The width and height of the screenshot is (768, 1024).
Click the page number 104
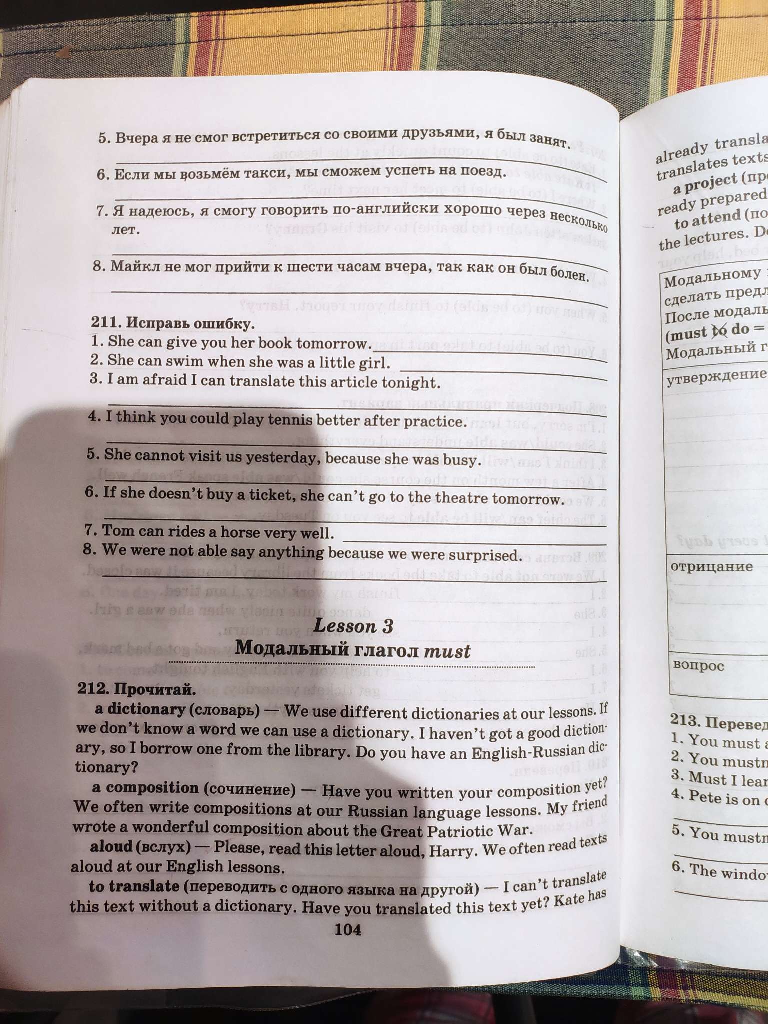(347, 929)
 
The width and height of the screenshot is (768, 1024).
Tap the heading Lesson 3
(352, 626)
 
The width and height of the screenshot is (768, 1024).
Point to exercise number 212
(94, 690)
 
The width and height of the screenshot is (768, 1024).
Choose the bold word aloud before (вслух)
(111, 847)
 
